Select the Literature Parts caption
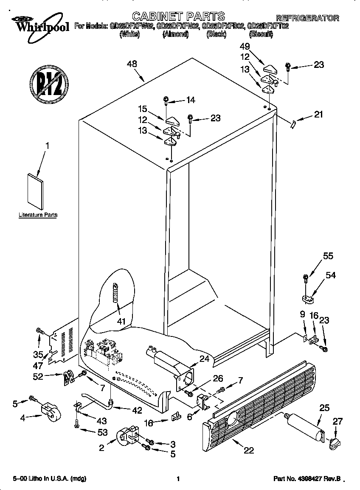[38, 215]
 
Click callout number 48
[132, 64]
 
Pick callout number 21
[318, 114]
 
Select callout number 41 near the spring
[122, 321]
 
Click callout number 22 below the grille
[249, 450]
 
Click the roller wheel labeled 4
[50, 412]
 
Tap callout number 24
[204, 359]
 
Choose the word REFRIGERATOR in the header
[307, 18]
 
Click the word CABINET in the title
[157, 17]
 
